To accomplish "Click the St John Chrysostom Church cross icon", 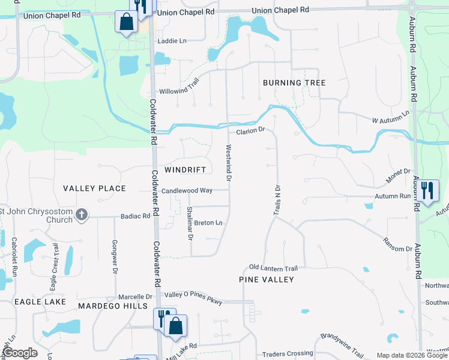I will tap(82, 214).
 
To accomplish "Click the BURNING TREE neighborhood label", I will tap(294, 83).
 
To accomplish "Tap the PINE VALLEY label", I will tap(267, 280).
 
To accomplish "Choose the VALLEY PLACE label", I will tap(95, 188).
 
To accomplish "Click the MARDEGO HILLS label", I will tap(113, 306).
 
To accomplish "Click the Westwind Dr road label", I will tap(229, 163).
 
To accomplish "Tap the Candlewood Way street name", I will tap(187, 190).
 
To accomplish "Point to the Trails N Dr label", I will tap(277, 199).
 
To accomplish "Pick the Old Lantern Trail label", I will tap(274, 268).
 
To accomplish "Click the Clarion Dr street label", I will tap(250, 130).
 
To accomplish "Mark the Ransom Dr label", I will tap(398, 245).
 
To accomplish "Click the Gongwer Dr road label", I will tap(114, 257).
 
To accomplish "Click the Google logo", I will tap(20, 353).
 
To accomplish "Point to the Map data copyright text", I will tap(411, 355).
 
